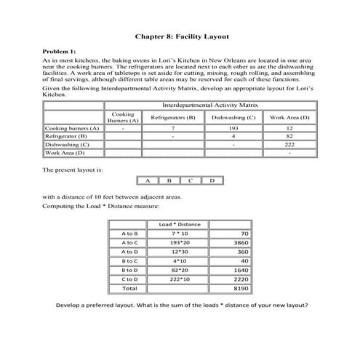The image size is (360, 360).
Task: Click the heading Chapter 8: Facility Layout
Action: (x=180, y=34)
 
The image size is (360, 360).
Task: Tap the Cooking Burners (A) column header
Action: (x=124, y=118)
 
